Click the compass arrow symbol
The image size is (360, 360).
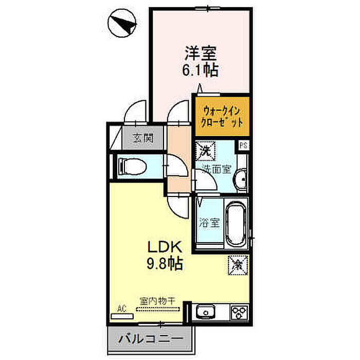[x=122, y=23]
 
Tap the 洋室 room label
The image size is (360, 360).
[x=201, y=53]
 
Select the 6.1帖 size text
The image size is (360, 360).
[x=200, y=70]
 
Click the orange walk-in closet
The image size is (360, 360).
[x=222, y=116]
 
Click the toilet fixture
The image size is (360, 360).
[x=132, y=167]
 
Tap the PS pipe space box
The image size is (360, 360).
[x=243, y=146]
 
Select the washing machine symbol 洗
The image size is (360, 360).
[x=205, y=151]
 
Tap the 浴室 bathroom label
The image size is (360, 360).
[x=209, y=222]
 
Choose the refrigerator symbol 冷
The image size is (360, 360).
[x=238, y=265]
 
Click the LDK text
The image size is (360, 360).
[x=165, y=247]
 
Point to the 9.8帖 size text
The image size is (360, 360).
[x=165, y=263]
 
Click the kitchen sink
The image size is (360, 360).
[x=206, y=311]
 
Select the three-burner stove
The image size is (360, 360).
[x=239, y=312]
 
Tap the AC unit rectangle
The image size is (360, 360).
[x=122, y=316]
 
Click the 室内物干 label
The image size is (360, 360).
[x=157, y=301]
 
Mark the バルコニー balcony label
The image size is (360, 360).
[x=150, y=338]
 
